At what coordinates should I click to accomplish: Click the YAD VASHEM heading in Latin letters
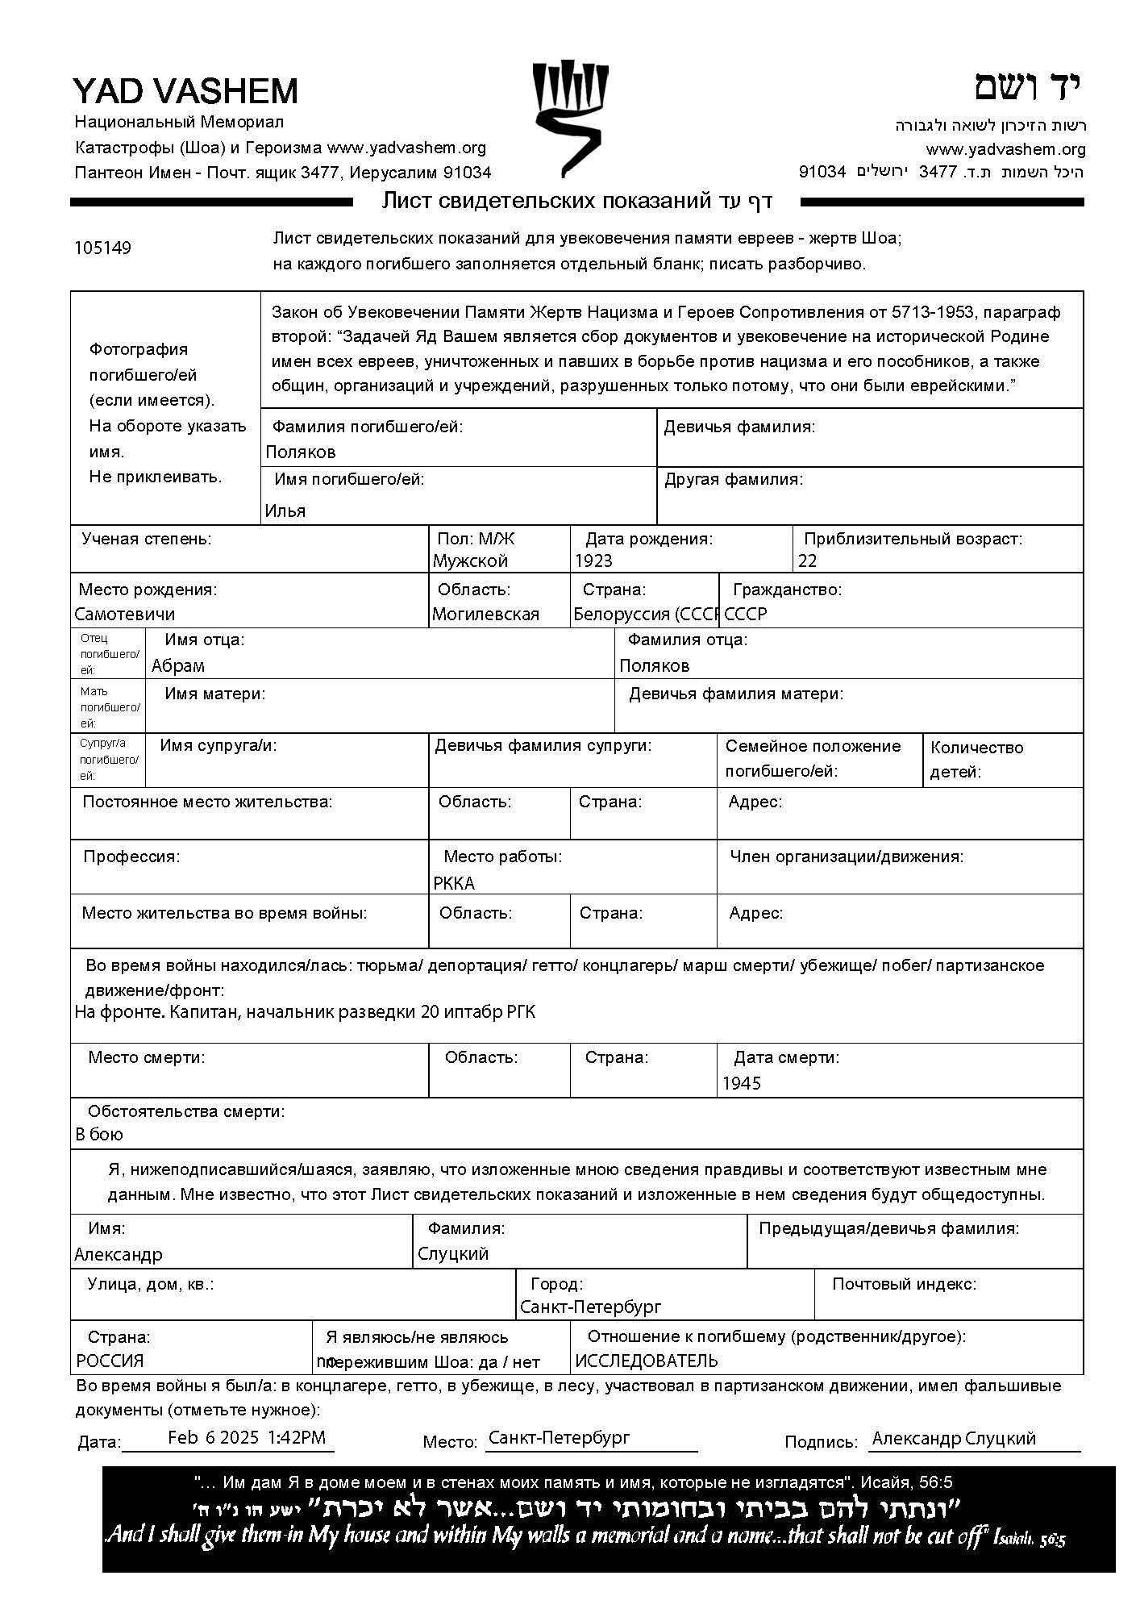[x=185, y=91]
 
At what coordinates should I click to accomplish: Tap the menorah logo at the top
[x=569, y=118]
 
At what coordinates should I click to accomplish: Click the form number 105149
[x=102, y=248]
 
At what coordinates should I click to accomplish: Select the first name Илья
[x=285, y=511]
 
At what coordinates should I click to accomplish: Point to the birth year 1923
[x=593, y=561]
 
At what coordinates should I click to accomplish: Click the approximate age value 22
[x=807, y=561]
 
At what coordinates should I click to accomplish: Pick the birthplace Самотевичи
[x=125, y=614]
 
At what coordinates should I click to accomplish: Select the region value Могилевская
[x=485, y=614]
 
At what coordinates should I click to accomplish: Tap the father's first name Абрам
[x=178, y=665]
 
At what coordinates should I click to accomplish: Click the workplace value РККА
[x=454, y=883]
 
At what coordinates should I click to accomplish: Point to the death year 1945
[x=742, y=1083]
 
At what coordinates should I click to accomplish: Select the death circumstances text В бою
[x=99, y=1134]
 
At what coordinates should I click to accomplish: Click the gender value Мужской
[x=470, y=561]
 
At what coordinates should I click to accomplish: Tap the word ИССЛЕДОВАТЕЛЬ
[x=647, y=1361]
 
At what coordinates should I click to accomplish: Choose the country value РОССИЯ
[x=110, y=1361]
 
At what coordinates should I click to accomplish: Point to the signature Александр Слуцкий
[x=954, y=1438]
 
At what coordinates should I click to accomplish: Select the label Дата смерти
[x=786, y=1057]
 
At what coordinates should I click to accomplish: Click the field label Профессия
[x=131, y=857]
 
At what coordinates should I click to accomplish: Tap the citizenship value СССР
[x=746, y=614]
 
